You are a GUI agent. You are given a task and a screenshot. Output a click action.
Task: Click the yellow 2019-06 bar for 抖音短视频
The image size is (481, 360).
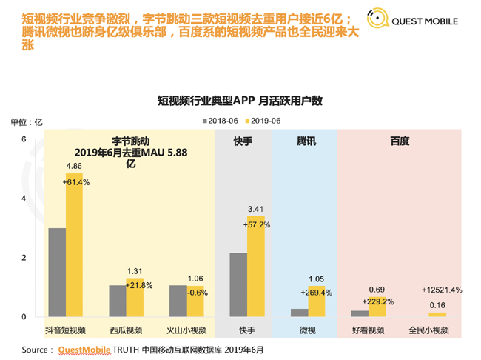[74, 245]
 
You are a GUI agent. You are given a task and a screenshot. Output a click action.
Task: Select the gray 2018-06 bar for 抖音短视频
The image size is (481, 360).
[57, 272]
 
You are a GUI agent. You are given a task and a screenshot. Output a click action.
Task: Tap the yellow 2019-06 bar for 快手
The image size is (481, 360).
[255, 266]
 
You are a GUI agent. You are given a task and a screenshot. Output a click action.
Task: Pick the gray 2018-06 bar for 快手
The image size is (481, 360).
[238, 284]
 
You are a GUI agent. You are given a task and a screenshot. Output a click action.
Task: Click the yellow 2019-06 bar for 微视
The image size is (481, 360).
[316, 301]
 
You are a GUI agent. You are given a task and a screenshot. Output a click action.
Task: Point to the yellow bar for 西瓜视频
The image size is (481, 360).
[135, 297]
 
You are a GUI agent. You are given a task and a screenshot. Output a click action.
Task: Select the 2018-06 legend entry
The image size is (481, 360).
[223, 120]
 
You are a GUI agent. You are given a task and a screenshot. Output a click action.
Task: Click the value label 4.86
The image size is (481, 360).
[74, 166]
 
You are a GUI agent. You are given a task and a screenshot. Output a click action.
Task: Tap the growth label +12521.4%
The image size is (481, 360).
[441, 290]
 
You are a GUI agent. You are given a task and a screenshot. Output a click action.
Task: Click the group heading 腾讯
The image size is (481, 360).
[306, 141]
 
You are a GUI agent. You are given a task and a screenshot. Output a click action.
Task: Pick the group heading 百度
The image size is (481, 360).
[400, 141]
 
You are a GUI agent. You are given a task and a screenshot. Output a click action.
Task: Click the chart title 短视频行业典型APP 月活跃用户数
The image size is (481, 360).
[240, 100]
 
